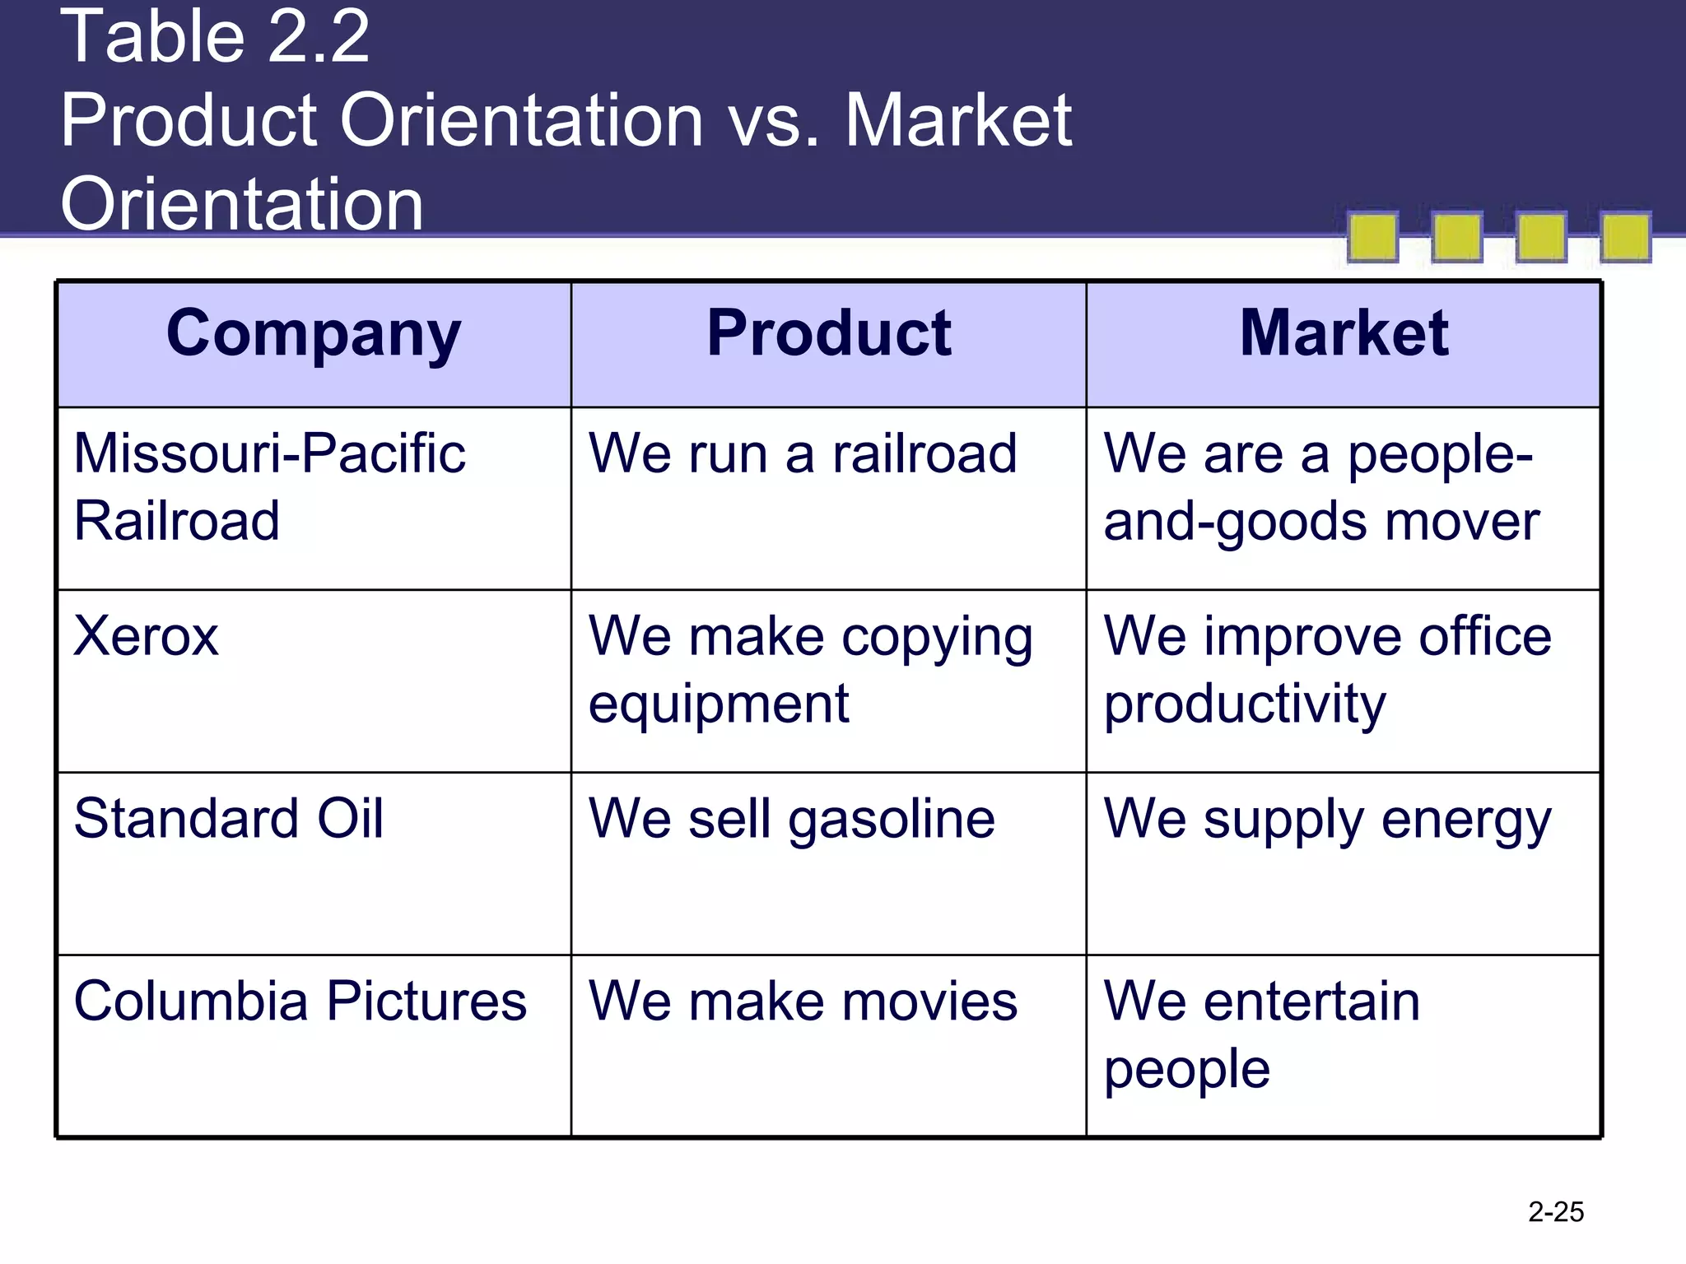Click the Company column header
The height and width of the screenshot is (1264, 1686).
(x=314, y=334)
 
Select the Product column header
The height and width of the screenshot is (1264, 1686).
(x=829, y=334)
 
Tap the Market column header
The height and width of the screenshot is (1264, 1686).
(x=1344, y=334)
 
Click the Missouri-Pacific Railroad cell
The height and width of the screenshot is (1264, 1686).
(x=269, y=487)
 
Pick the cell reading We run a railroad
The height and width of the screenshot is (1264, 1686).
(x=803, y=454)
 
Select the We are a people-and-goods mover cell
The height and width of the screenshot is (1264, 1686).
(x=1320, y=487)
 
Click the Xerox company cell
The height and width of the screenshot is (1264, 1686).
(x=147, y=637)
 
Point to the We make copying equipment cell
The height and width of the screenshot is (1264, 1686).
(x=810, y=670)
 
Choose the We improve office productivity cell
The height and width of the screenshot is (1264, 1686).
(x=1327, y=670)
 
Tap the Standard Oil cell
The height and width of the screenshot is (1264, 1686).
(x=229, y=820)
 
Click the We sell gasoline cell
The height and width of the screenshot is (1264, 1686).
(x=792, y=820)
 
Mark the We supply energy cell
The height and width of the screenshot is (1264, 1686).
(x=1327, y=820)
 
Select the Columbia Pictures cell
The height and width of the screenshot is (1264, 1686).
(x=300, y=1002)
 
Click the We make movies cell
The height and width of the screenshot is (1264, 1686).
(x=803, y=1002)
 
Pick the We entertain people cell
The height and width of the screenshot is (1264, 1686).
(x=1261, y=1035)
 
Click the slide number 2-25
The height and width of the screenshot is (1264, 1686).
(x=1556, y=1212)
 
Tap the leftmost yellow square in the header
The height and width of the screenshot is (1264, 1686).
(x=1372, y=238)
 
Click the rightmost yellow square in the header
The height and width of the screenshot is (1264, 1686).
(x=1625, y=238)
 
